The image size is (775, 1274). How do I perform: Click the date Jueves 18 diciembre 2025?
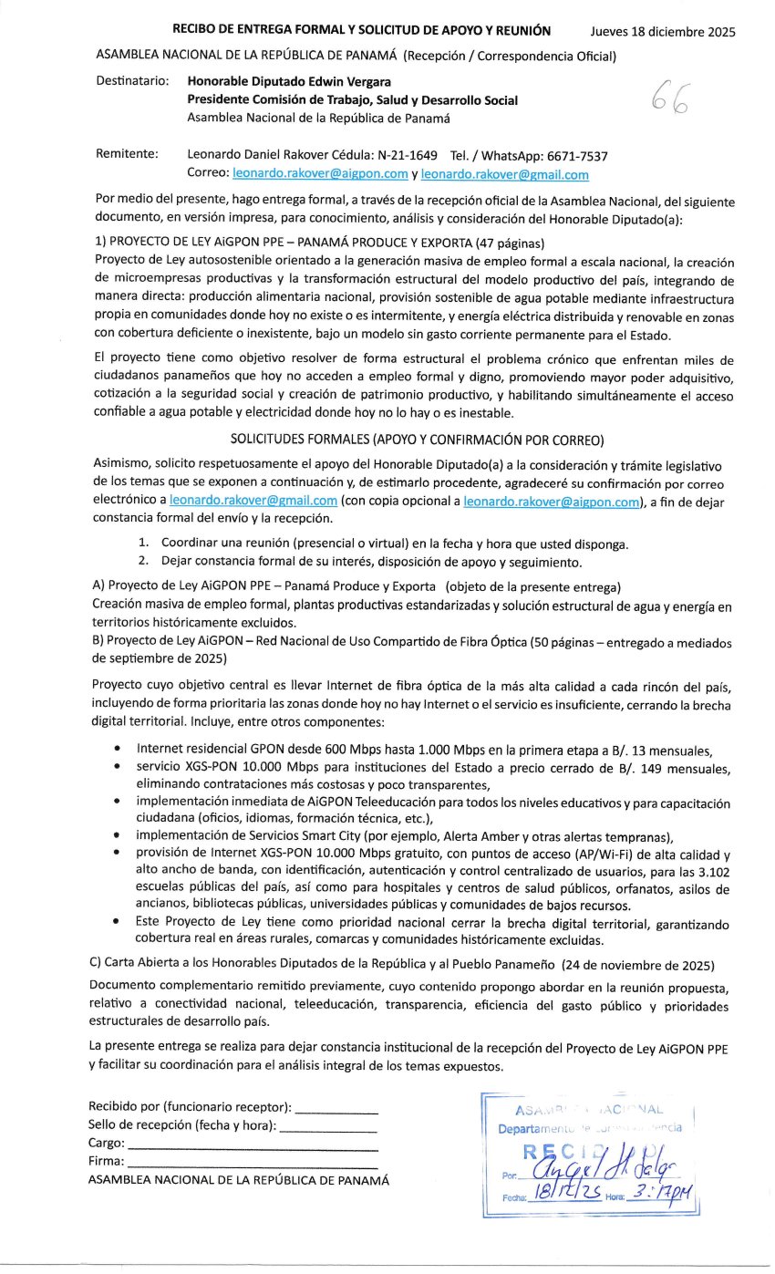[662, 33]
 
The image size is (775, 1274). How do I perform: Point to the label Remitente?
[127, 154]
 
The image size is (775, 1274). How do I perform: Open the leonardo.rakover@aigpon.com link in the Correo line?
[320, 174]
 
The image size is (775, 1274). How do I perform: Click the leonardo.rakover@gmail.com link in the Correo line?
[504, 174]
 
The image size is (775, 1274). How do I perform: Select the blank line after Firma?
[252, 1163]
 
